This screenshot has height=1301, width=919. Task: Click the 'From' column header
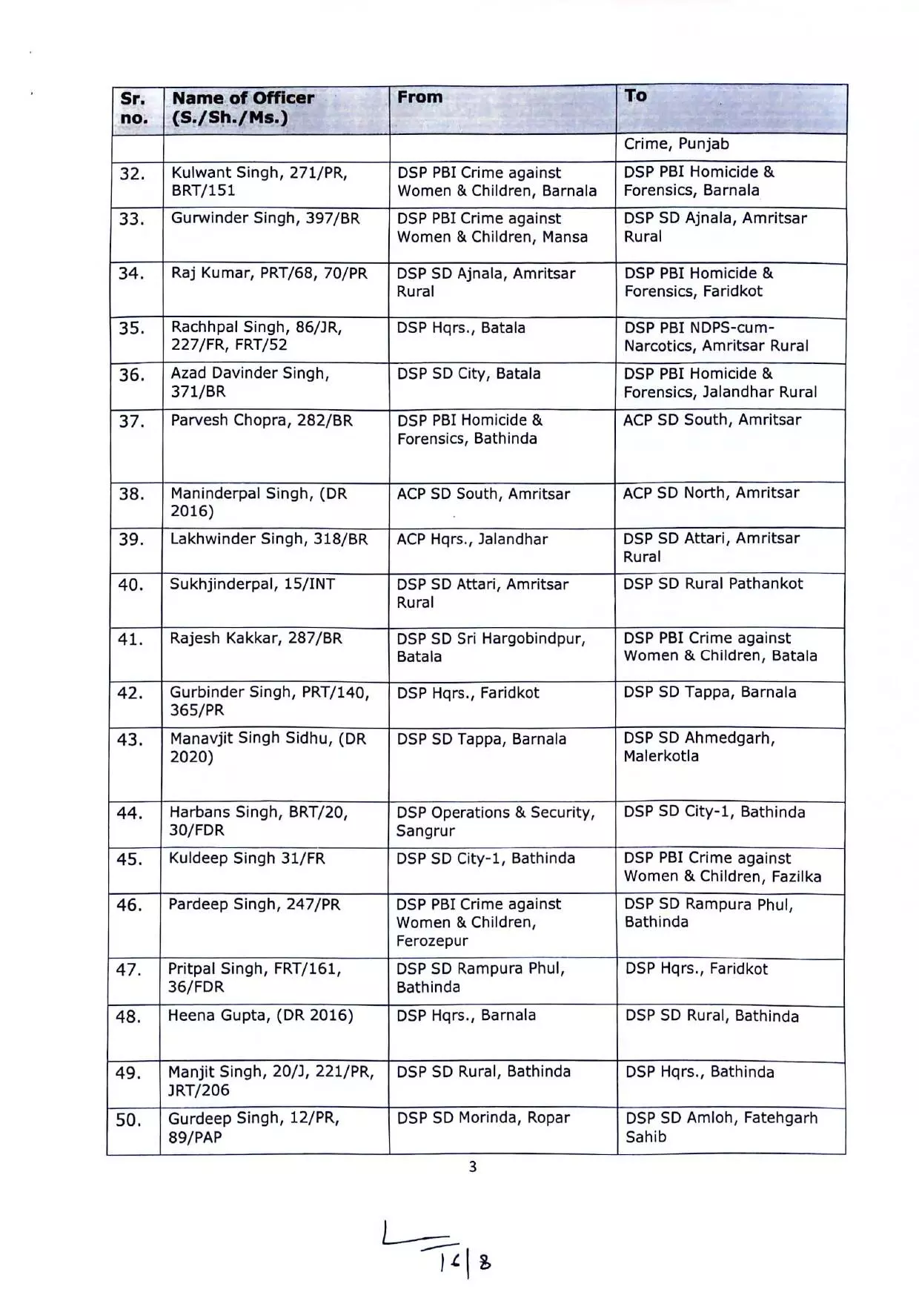coord(420,97)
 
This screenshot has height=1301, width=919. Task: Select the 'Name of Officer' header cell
coord(243,107)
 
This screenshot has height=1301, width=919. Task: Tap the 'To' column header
coord(636,96)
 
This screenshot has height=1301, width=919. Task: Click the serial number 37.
coord(131,422)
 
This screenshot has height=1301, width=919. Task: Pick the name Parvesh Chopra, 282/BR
coord(262,420)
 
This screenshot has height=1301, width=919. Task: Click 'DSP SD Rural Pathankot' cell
coord(713,584)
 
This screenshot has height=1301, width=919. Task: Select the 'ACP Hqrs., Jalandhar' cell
coord(472,540)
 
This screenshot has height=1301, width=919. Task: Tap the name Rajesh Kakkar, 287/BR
coord(256,638)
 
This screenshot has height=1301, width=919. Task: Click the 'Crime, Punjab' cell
coord(676,145)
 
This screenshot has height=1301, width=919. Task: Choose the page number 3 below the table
coord(473,1167)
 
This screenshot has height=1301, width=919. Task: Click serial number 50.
coord(128,1120)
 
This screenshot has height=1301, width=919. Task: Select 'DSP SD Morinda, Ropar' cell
coord(483,1118)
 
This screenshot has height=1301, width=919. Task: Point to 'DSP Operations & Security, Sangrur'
coord(495,821)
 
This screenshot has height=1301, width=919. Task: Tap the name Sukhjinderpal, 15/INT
coord(252,584)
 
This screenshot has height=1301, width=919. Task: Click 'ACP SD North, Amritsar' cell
coord(711,493)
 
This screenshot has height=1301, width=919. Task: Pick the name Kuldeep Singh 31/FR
coord(247,858)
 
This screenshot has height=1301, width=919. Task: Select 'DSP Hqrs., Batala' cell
coord(461,328)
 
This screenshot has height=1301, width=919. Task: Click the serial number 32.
coord(132,174)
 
